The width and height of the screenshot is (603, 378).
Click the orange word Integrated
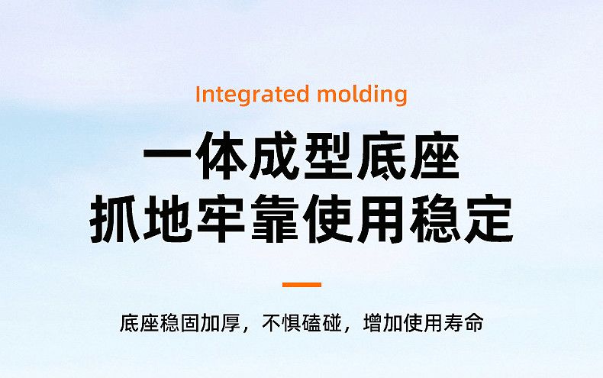[253, 94]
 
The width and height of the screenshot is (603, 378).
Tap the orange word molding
[363, 94]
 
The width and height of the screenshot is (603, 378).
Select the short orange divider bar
[302, 285]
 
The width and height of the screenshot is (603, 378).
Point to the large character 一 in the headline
[167, 156]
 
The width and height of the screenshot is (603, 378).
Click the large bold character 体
[221, 156]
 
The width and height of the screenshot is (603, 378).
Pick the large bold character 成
[275, 156]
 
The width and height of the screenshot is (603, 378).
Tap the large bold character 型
[328, 156]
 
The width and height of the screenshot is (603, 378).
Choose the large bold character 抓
[114, 219]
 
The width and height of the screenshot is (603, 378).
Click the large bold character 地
[168, 219]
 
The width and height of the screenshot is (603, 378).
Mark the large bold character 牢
[221, 219]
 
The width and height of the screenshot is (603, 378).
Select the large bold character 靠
[275, 219]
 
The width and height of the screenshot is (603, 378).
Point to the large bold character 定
[489, 219]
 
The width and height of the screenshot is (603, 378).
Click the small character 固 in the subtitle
[190, 322]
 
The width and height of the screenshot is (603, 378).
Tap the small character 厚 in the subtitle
[231, 322]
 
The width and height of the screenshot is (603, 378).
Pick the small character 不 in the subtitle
[272, 322]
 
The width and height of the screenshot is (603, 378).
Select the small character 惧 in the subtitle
[292, 322]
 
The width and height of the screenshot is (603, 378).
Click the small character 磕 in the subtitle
[312, 322]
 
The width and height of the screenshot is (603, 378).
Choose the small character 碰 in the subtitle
[332, 322]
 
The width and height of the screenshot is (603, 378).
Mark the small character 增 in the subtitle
[372, 322]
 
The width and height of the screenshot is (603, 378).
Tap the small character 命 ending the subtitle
[474, 322]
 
